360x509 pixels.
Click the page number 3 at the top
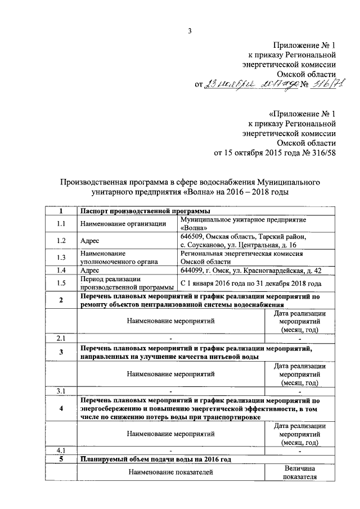(x=190, y=31)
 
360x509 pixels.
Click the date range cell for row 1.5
(x=251, y=283)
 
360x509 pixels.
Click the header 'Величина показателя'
(x=300, y=472)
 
